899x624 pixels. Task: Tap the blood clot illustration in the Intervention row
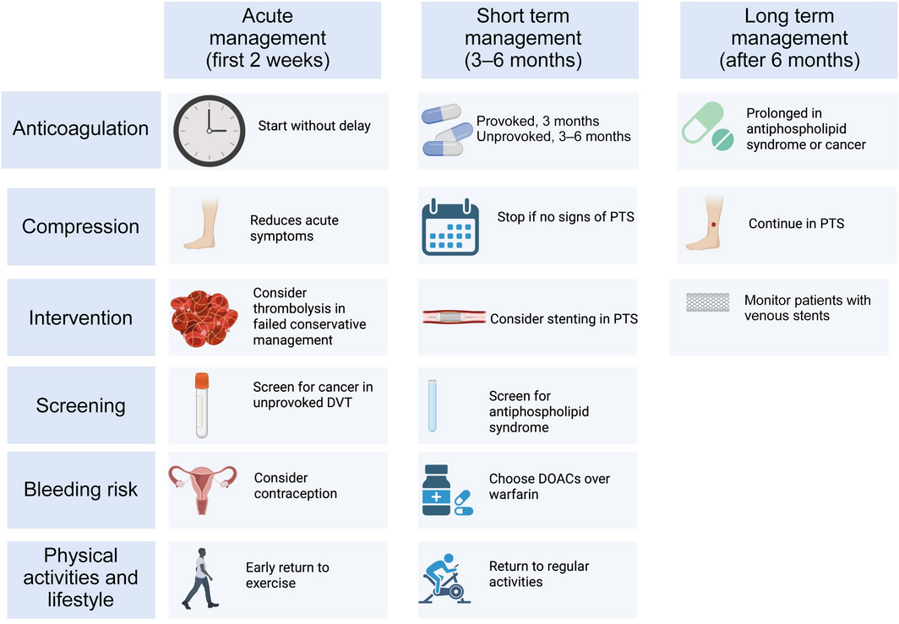tap(204, 316)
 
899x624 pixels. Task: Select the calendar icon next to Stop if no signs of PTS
tap(450, 225)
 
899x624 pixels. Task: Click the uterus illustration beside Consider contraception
tap(202, 489)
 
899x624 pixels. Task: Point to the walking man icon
tap(200, 578)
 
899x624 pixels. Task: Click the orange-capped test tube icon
tap(201, 404)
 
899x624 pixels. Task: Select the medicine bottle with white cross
tap(438, 491)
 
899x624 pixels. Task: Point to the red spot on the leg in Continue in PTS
tap(714, 224)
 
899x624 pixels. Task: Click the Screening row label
tap(80, 405)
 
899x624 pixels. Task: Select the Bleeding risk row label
tap(80, 490)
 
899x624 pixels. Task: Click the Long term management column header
tap(789, 38)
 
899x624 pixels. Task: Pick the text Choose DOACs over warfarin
tap(549, 486)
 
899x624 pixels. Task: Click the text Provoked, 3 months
tap(537, 121)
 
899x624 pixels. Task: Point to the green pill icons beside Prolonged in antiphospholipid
tap(708, 128)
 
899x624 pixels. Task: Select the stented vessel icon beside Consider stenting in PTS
tap(454, 318)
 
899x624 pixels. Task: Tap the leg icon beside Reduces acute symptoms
tap(200, 225)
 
